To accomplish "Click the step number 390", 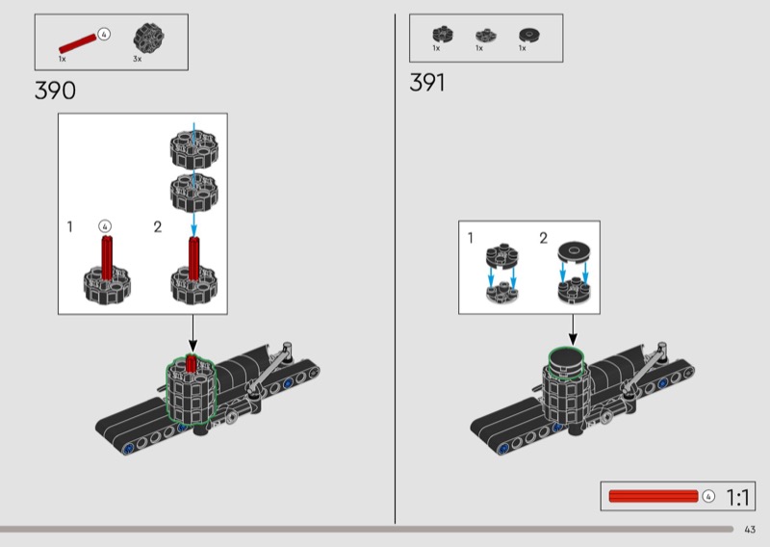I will coord(55,91).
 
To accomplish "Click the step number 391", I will coord(427,83).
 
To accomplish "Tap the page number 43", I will coord(750,529).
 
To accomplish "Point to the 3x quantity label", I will coord(137,59).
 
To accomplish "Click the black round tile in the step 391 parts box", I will coord(526,34).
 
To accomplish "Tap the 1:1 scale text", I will coord(737,497).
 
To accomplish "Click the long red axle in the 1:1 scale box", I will coord(654,496).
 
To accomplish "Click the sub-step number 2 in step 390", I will coord(158,227).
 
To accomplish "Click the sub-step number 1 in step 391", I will coord(471,237).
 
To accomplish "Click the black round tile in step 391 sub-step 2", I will coord(573,251).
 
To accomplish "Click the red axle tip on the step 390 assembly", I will coord(192,362).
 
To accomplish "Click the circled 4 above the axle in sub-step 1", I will coord(107,226).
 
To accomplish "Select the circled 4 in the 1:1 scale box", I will coord(709,496).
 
